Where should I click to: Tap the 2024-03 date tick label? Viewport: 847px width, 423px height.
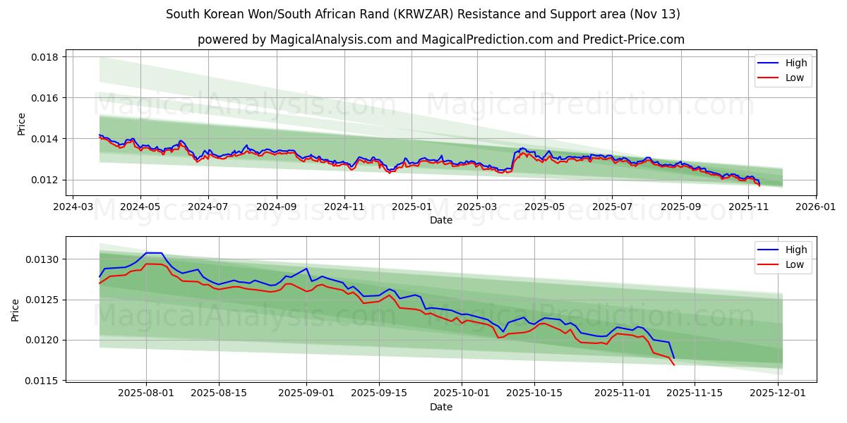pos(73,208)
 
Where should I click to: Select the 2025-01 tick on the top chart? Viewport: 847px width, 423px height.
pos(411,208)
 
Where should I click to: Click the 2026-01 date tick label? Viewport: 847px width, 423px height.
pos(816,208)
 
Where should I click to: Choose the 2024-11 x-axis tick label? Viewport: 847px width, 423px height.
pos(344,208)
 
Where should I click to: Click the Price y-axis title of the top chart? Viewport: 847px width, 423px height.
pos(21,124)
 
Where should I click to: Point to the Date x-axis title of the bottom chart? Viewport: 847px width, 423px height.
pos(440,407)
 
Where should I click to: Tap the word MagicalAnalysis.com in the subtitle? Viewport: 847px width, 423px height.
pos(331,39)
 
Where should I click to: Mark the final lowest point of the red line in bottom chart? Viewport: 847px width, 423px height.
pos(673,364)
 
